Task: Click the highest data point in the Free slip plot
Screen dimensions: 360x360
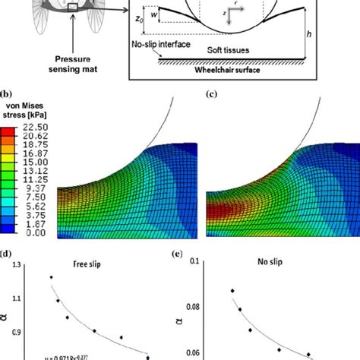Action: pyautogui.click(x=52, y=277)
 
